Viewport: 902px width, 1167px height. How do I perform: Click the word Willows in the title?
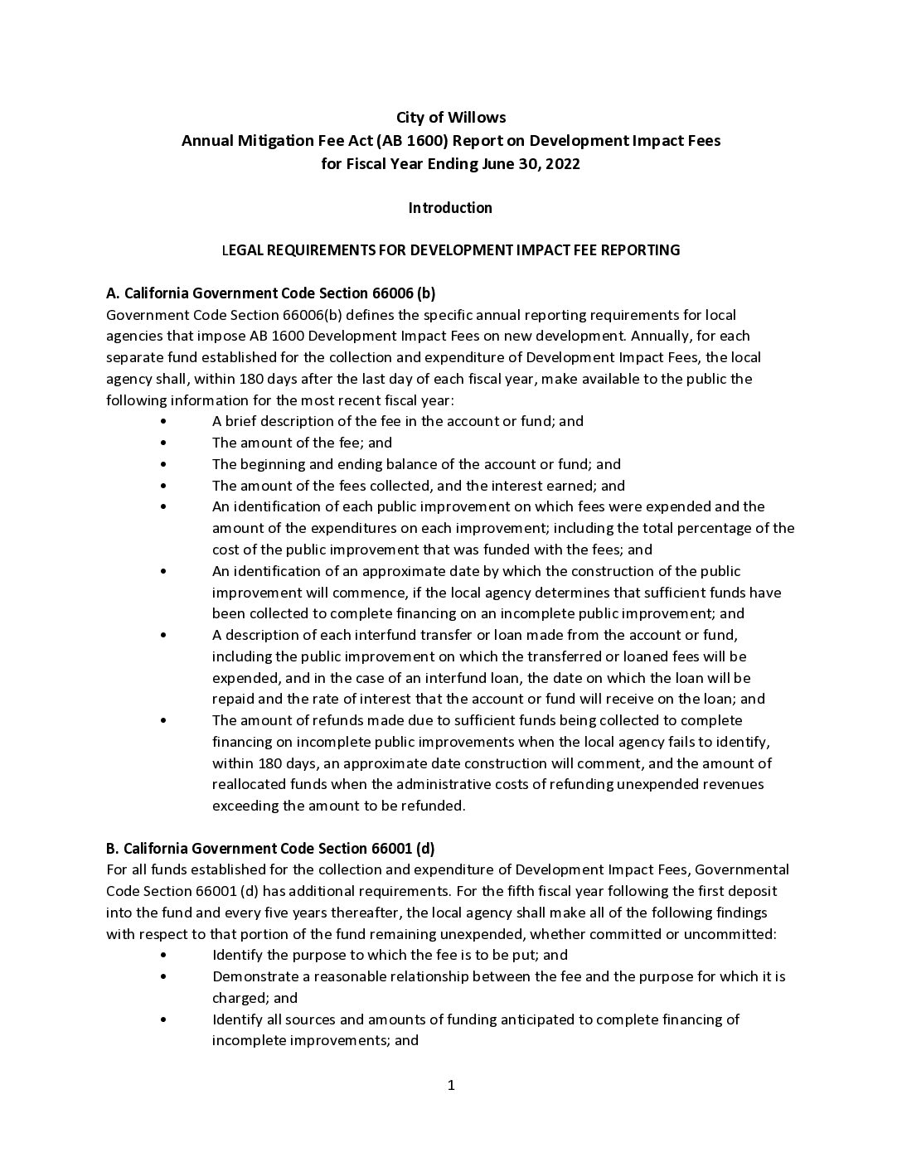(x=478, y=118)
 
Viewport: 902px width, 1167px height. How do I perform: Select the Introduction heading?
(x=450, y=208)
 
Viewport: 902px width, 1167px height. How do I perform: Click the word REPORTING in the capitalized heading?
(x=642, y=250)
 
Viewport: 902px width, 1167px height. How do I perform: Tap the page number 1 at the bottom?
(x=451, y=1086)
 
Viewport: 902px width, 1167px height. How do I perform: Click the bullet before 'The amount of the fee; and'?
(x=163, y=443)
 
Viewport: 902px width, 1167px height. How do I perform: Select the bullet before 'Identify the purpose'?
(x=163, y=956)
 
